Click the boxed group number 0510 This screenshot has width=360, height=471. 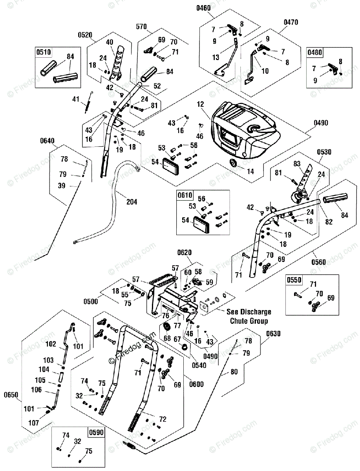[x=44, y=52]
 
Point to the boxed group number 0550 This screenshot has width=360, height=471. [x=294, y=280]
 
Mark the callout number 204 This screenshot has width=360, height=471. [x=132, y=202]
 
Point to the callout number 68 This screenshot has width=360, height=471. [x=167, y=338]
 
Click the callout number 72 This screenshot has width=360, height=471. [x=163, y=419]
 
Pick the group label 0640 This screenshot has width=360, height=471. [x=47, y=140]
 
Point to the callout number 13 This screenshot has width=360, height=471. [x=216, y=57]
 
